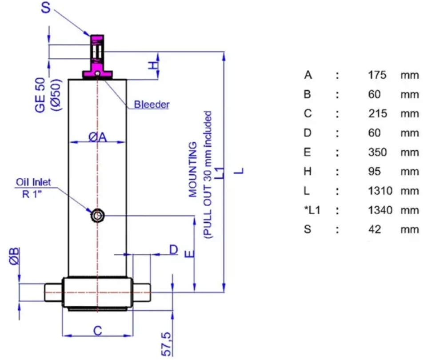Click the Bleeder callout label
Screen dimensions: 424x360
tap(152, 104)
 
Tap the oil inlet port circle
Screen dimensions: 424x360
tap(97, 216)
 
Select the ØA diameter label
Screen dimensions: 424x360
tap(98, 137)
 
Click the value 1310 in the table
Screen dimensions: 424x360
tap(380, 191)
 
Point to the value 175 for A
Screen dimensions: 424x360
tap(377, 75)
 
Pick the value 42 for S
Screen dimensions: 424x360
tap(375, 229)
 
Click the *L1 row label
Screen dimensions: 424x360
tap(312, 210)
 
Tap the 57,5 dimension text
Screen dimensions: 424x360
tap(166, 344)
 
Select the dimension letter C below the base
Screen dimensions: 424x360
tap(97, 331)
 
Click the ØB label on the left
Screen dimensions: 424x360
tap(14, 256)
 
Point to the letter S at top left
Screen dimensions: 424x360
tap(46, 7)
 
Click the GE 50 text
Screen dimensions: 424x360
tap(40, 95)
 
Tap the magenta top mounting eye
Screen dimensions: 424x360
tap(97, 56)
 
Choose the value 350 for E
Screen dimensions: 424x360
tap(377, 152)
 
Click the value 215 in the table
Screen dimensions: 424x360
tap(377, 114)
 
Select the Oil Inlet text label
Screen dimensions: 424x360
tap(33, 182)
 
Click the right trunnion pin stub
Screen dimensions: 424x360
tap(141, 292)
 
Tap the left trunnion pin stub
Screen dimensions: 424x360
tap(53, 292)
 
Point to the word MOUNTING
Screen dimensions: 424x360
tap(193, 170)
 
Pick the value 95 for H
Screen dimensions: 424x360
tap(375, 172)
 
